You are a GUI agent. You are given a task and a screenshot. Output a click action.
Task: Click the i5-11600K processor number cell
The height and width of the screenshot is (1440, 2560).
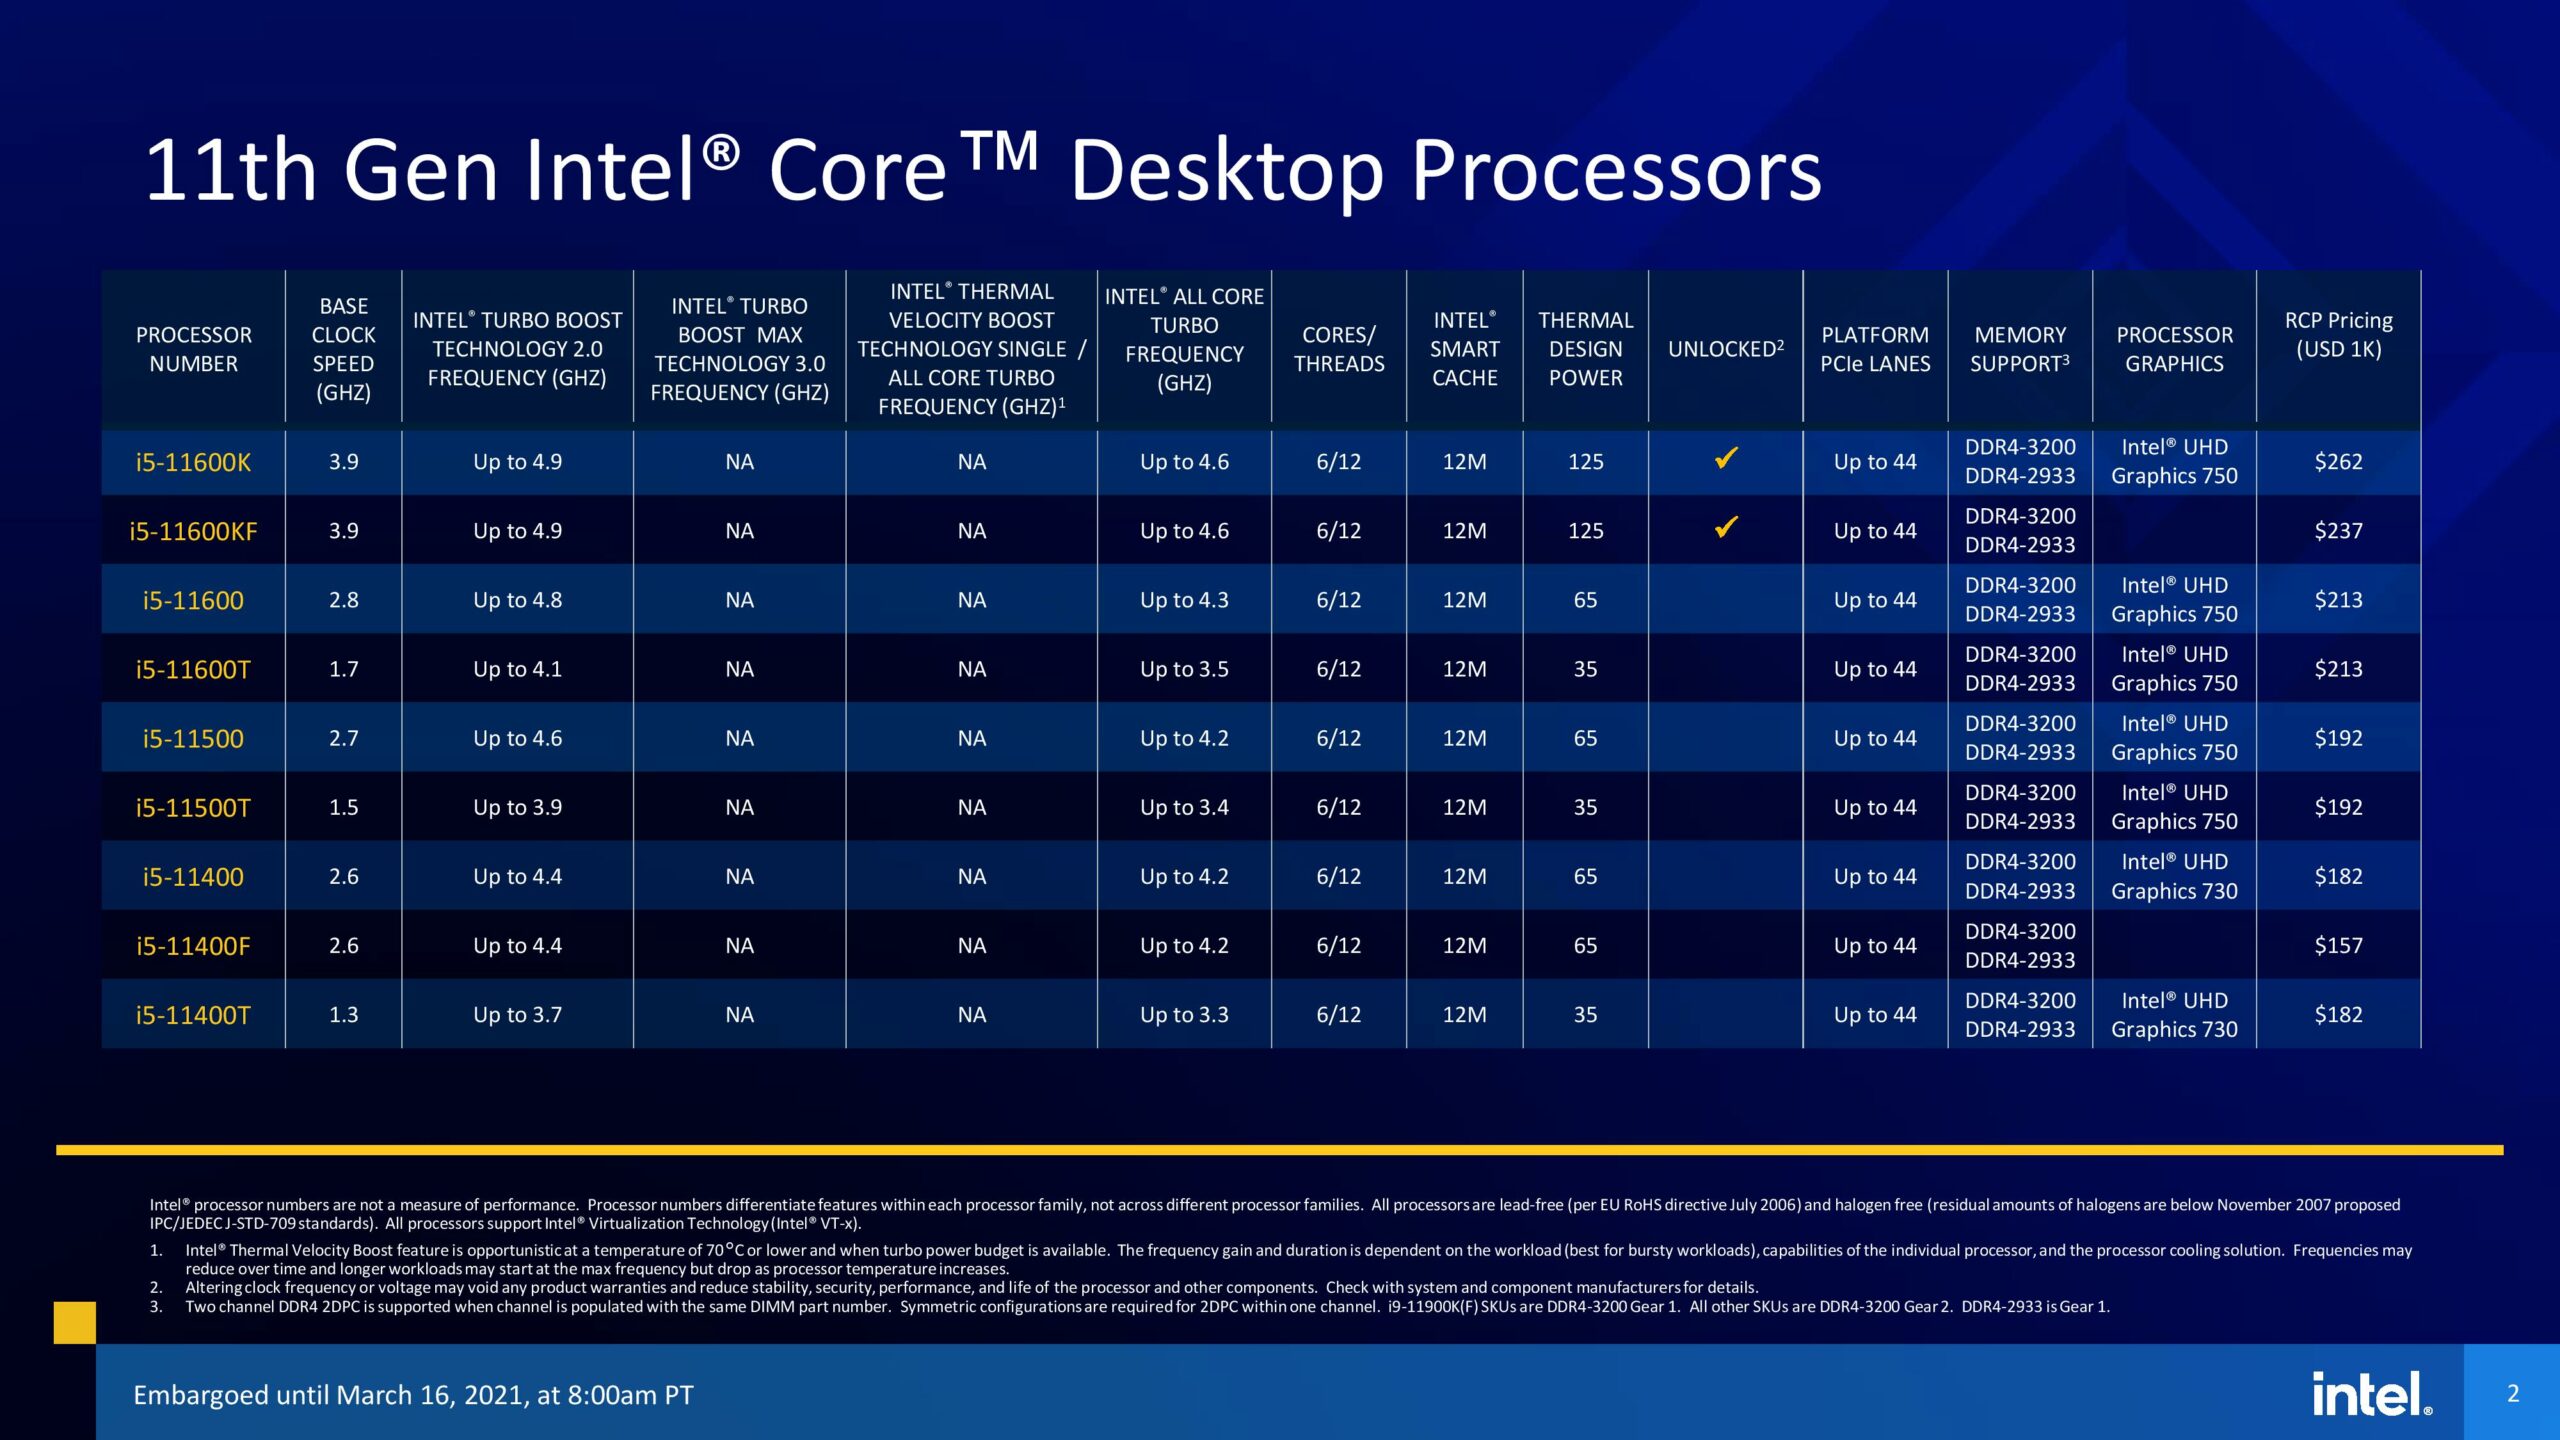click(193, 462)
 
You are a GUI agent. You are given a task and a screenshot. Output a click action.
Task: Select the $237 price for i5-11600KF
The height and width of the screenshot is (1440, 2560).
click(2338, 531)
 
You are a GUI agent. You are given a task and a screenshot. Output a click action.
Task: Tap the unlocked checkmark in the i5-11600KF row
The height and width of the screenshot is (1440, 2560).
click(1726, 527)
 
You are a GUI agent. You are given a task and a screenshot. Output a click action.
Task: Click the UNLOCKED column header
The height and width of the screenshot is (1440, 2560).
click(1725, 349)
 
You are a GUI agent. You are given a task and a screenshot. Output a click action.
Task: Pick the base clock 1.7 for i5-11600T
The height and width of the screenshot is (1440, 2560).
click(343, 669)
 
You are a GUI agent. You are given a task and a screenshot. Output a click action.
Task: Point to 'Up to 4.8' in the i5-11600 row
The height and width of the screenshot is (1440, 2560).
click(517, 600)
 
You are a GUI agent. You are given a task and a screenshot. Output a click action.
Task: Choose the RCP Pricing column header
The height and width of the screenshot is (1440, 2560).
click(2338, 335)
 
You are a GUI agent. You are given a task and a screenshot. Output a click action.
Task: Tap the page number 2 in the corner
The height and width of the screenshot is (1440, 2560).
click(2512, 1393)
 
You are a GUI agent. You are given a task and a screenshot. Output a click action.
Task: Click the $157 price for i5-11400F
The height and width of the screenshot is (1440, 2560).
click(2338, 945)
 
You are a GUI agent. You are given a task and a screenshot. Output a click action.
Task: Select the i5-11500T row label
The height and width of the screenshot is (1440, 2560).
click(193, 808)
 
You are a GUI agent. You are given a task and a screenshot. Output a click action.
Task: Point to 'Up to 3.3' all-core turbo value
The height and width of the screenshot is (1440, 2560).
click(1184, 1014)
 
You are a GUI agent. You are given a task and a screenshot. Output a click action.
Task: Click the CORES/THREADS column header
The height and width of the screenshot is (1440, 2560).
click(1339, 349)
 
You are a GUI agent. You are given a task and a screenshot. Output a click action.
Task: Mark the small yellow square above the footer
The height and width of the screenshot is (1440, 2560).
click(75, 1322)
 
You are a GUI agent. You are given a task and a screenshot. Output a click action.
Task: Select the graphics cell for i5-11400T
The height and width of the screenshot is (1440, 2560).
click(2174, 1014)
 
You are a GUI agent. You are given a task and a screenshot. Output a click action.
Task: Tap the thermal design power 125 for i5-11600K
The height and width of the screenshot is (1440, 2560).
click(1585, 462)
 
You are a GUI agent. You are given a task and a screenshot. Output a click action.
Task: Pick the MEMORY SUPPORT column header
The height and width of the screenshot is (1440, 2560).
click(2019, 349)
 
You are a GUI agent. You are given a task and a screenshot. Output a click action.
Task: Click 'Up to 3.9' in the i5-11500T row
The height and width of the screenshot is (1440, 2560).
click(517, 807)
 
